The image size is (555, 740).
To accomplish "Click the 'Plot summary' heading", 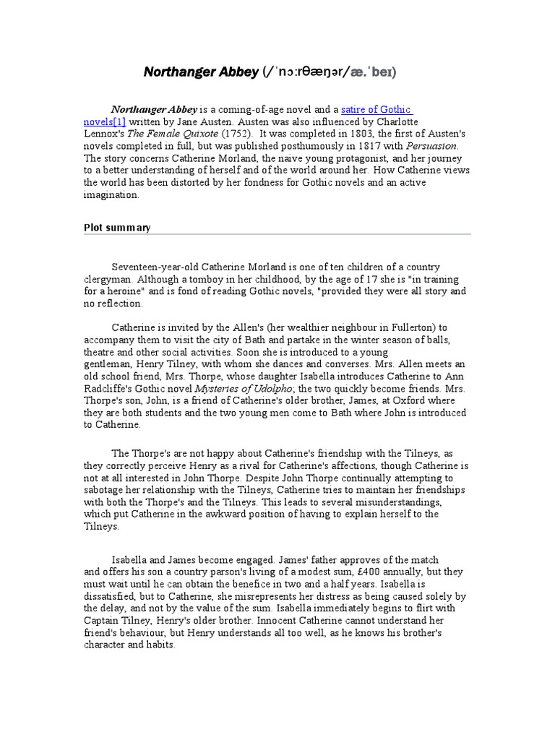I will click(117, 228).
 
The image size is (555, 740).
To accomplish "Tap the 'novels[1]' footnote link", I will click(105, 122).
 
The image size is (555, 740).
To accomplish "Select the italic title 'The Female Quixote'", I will click(174, 134).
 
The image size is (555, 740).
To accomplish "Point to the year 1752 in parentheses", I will click(236, 134).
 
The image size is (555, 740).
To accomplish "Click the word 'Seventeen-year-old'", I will click(153, 267).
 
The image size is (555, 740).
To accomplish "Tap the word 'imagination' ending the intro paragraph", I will click(111, 195).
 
